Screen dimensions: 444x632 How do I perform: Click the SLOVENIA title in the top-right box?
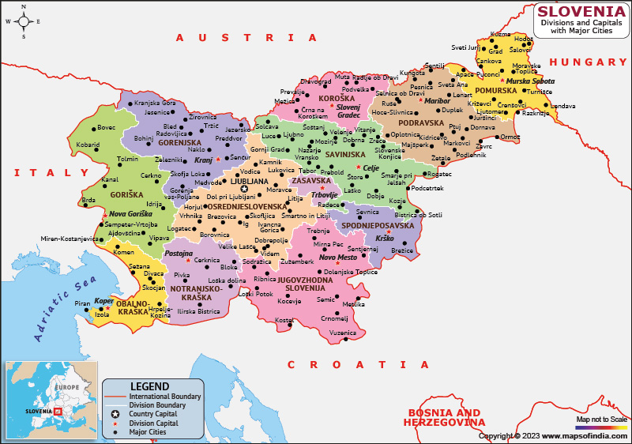pyautogui.click(x=581, y=12)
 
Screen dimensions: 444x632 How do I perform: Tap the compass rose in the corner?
pyautogui.click(x=24, y=21)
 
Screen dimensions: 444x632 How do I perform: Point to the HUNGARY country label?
pyautogui.click(x=588, y=62)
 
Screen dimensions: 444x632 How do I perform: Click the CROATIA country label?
pyautogui.click(x=358, y=364)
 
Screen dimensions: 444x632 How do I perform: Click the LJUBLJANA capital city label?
pyautogui.click(x=249, y=181)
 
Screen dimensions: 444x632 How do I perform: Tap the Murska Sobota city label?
pyautogui.click(x=530, y=81)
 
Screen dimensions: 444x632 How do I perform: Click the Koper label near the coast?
pyautogui.click(x=103, y=301)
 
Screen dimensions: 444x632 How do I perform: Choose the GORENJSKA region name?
pyautogui.click(x=180, y=144)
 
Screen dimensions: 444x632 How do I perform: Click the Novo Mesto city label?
pyautogui.click(x=338, y=258)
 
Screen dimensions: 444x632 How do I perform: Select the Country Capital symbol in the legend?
pyautogui.click(x=115, y=414)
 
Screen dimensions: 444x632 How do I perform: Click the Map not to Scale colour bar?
pyautogui.click(x=601, y=427)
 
